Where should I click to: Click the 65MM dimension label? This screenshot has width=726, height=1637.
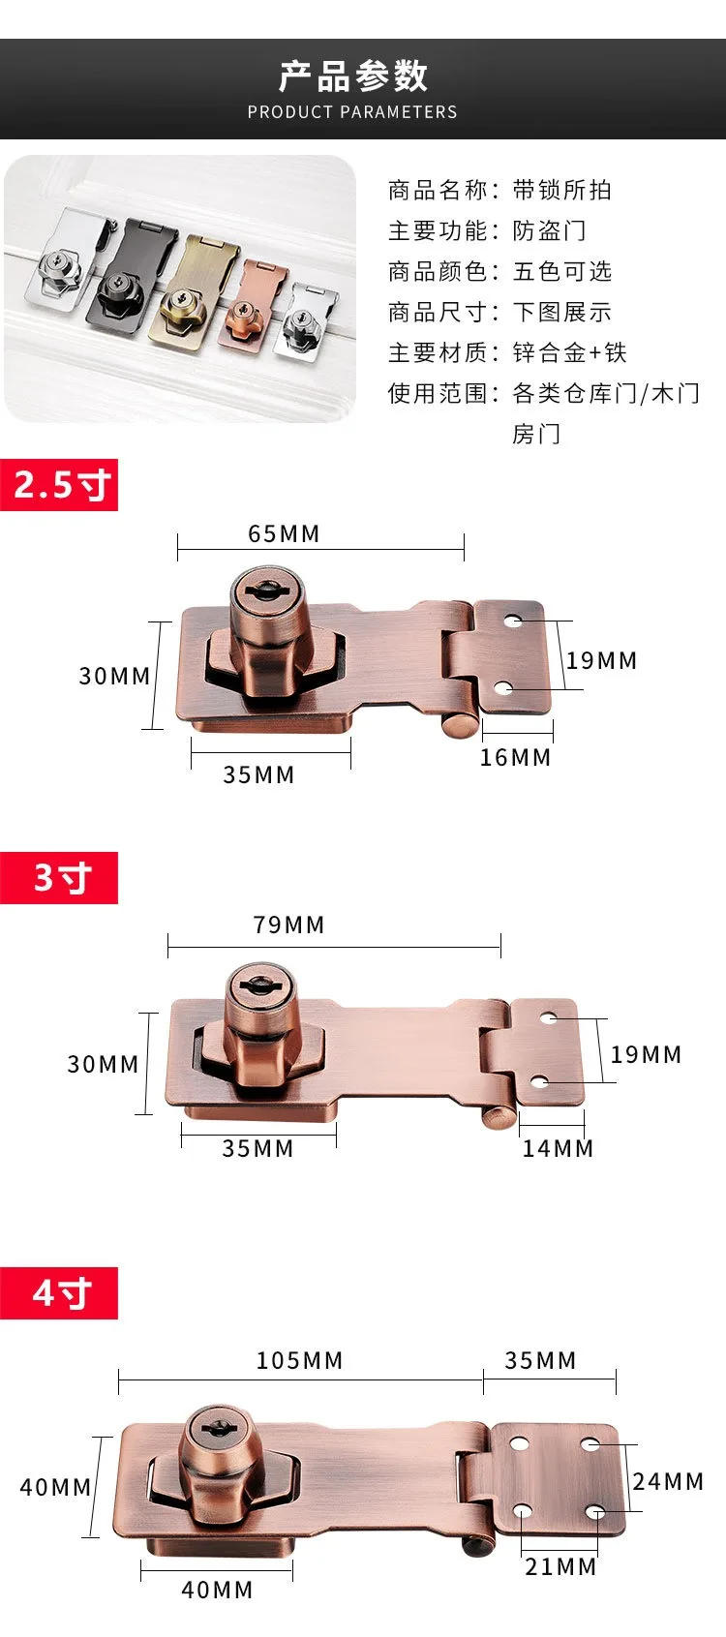point(284,534)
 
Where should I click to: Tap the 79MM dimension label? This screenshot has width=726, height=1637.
point(288,925)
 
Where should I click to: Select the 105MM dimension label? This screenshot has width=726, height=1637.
point(299,1361)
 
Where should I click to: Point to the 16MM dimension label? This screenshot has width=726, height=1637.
point(515,758)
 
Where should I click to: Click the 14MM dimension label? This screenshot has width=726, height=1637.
point(558,1149)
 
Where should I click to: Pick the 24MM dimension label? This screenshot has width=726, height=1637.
point(668,1482)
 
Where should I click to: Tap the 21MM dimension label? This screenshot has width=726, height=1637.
point(560,1567)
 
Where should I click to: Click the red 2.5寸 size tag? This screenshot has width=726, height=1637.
point(59,485)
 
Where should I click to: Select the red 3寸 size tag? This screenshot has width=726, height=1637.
point(59,878)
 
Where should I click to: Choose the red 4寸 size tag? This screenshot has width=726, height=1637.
point(59,1293)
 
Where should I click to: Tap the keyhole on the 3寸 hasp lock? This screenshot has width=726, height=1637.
point(258,985)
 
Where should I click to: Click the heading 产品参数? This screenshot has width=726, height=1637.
point(352,76)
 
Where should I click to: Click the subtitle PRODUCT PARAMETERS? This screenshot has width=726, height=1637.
point(352,112)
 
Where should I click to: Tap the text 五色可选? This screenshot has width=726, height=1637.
point(561,272)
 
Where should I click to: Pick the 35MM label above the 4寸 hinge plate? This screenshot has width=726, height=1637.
point(540,1361)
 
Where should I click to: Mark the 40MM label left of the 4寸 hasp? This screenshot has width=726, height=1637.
point(55,1488)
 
